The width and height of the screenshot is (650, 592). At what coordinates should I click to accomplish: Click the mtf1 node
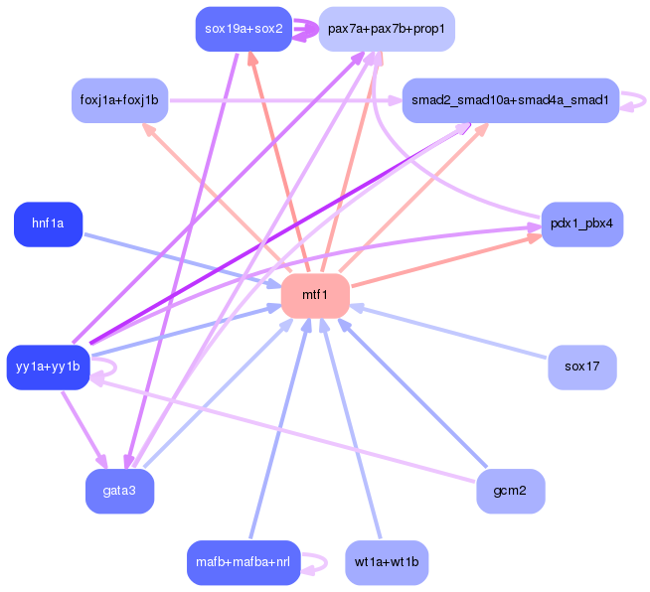(315, 295)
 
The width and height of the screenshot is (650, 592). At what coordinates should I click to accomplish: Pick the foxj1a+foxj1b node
(118, 100)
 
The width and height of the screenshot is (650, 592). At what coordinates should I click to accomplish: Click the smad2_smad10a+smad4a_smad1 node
(511, 100)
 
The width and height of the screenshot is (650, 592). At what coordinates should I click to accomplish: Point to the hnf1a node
(48, 224)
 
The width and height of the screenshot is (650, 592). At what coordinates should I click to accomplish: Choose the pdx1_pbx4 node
(581, 224)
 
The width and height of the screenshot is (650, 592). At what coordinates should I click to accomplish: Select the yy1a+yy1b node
(48, 368)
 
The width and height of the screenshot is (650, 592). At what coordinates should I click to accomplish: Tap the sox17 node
(581, 368)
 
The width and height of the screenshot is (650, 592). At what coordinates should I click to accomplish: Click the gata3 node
(119, 491)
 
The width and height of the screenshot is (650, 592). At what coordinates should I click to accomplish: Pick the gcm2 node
(510, 491)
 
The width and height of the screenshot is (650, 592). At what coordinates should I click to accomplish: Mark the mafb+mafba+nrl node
(244, 562)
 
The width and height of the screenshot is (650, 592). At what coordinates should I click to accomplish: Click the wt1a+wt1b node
(387, 562)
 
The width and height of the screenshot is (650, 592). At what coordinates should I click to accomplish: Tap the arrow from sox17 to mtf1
(457, 334)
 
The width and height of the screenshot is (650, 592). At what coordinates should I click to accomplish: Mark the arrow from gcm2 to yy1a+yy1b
(288, 431)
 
